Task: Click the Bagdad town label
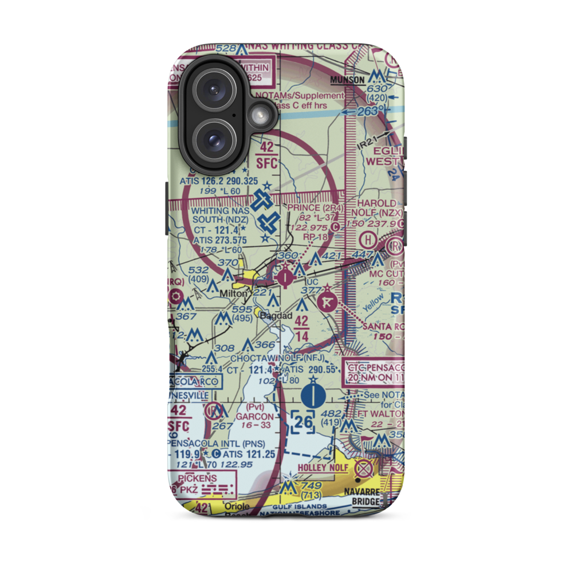pyautogui.click(x=276, y=316)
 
